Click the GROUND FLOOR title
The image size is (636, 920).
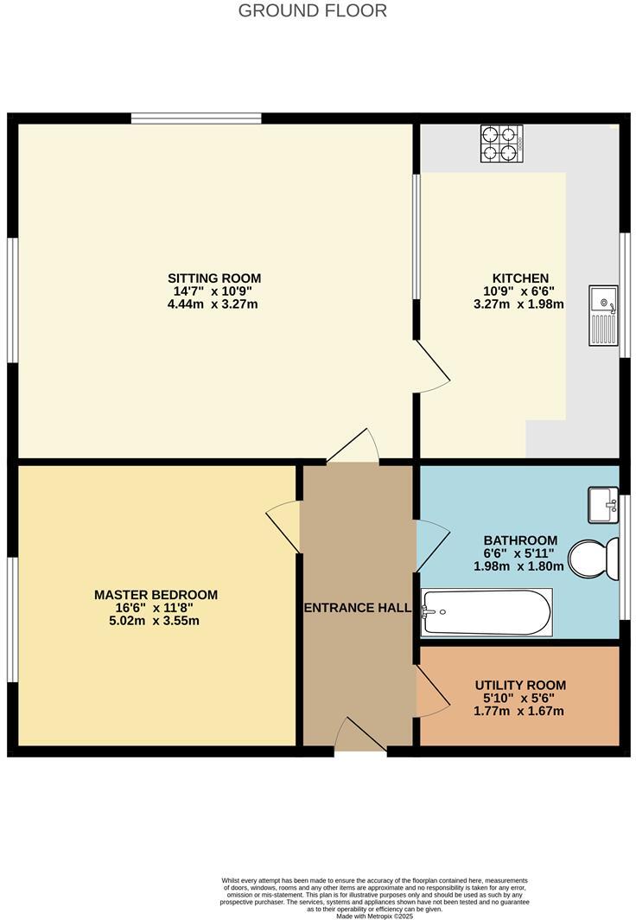coord(312,11)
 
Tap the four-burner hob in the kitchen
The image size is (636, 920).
coord(502,144)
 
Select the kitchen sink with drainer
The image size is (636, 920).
coord(603,316)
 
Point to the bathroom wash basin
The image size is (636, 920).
coord(602,504)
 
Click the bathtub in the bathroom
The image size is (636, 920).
coord(486,612)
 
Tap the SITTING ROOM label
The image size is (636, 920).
coord(213,278)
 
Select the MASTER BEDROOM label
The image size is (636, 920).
coord(156,595)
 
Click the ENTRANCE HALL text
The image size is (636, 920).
coord(357,608)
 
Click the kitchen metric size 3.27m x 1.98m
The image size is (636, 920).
coord(518,304)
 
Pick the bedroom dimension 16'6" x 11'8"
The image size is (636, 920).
coord(156,608)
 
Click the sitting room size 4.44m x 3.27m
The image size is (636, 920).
coord(213,304)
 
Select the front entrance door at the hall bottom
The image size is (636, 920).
coord(359,737)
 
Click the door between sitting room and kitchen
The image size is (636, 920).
coord(432,367)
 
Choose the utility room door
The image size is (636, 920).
coord(432,692)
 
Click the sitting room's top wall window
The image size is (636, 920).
coord(196,118)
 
